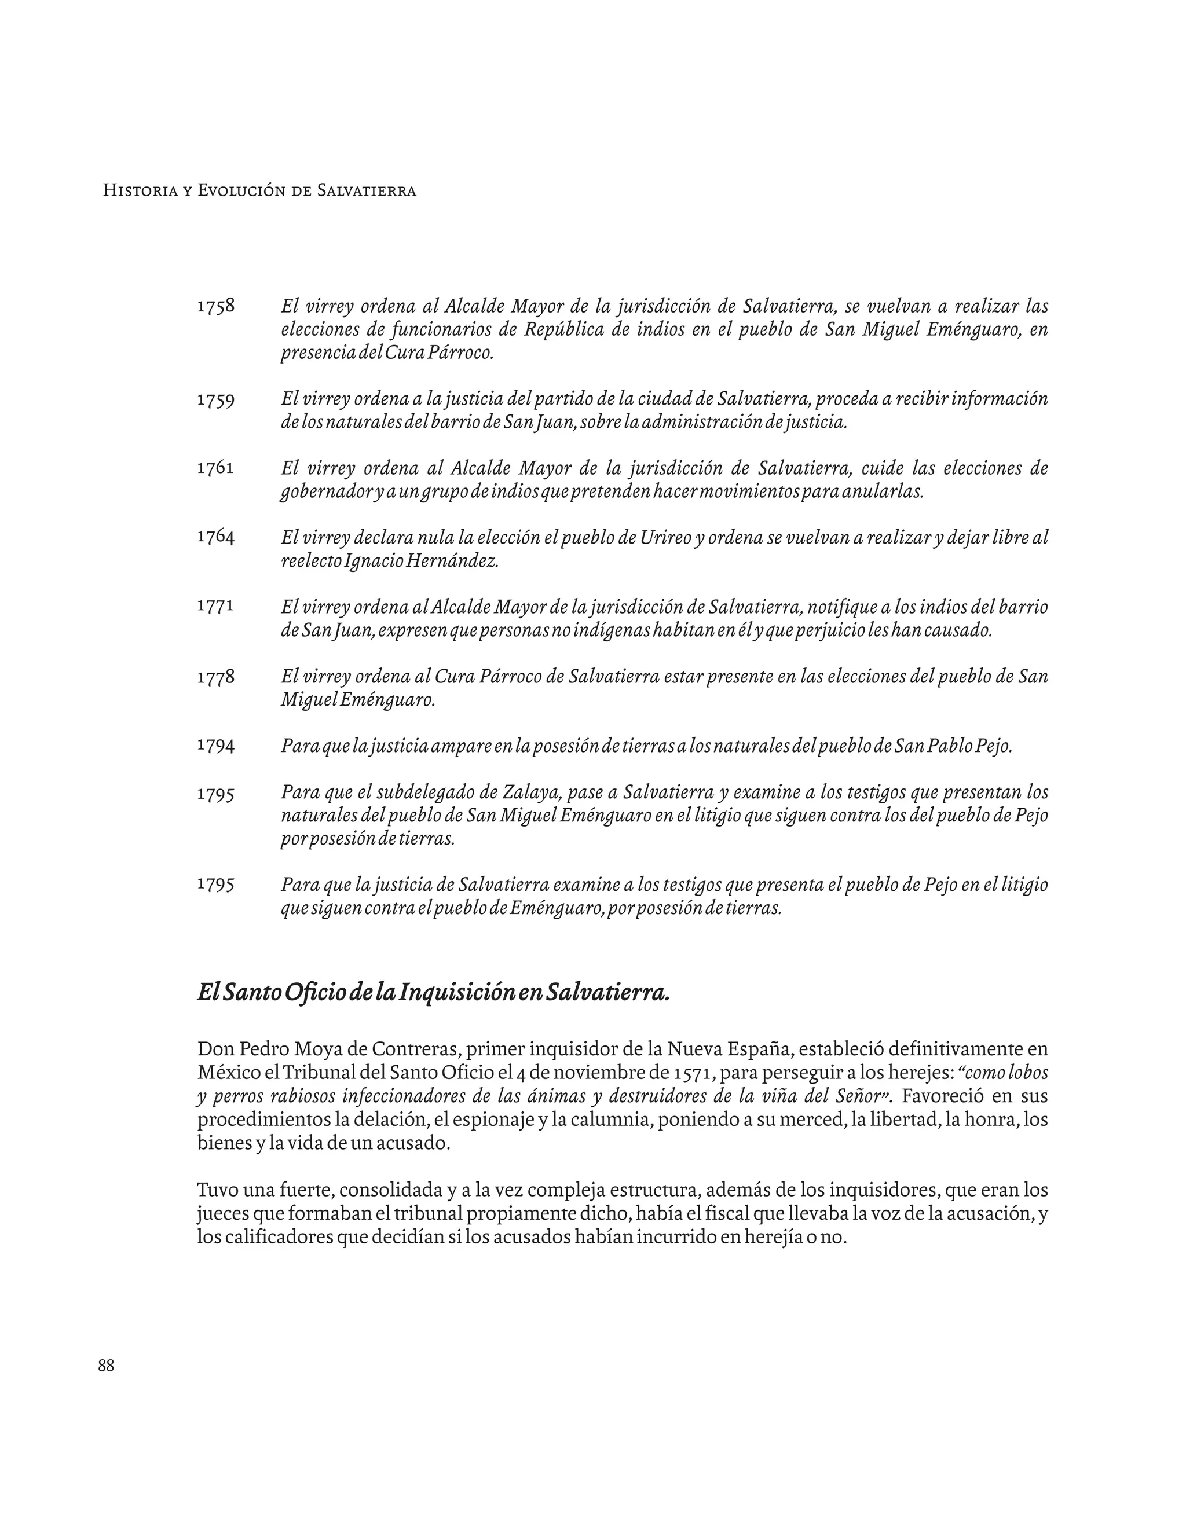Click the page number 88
[x=106, y=1366]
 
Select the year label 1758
[x=215, y=307]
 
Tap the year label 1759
[x=215, y=399]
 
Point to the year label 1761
[x=215, y=468]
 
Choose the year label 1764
[x=215, y=537]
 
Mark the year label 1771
[x=215, y=606]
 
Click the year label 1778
[x=215, y=677]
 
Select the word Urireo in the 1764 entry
[x=666, y=538]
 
